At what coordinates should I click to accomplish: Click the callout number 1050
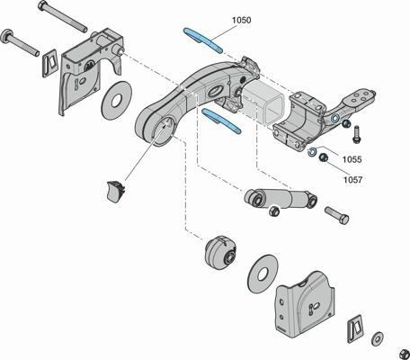(x=242, y=21)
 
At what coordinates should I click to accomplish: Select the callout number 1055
(x=352, y=159)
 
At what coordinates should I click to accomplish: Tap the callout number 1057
(x=352, y=180)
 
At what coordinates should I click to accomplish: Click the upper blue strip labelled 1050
(x=203, y=40)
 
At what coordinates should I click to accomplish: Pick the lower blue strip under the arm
(x=221, y=121)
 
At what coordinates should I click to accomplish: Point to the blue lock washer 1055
(x=312, y=152)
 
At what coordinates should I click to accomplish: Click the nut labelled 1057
(x=323, y=157)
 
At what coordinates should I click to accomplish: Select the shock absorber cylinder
(x=281, y=197)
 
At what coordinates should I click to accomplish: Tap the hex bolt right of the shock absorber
(x=336, y=215)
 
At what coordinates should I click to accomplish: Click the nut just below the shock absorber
(x=274, y=211)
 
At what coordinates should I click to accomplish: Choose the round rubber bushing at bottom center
(x=221, y=252)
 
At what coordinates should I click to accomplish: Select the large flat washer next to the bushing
(x=263, y=274)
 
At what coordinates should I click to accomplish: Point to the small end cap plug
(x=116, y=191)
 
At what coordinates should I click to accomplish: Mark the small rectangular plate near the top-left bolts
(x=49, y=63)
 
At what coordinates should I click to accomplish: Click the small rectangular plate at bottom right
(x=356, y=328)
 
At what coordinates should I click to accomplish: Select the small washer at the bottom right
(x=378, y=338)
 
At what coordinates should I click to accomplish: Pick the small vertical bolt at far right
(x=357, y=134)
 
